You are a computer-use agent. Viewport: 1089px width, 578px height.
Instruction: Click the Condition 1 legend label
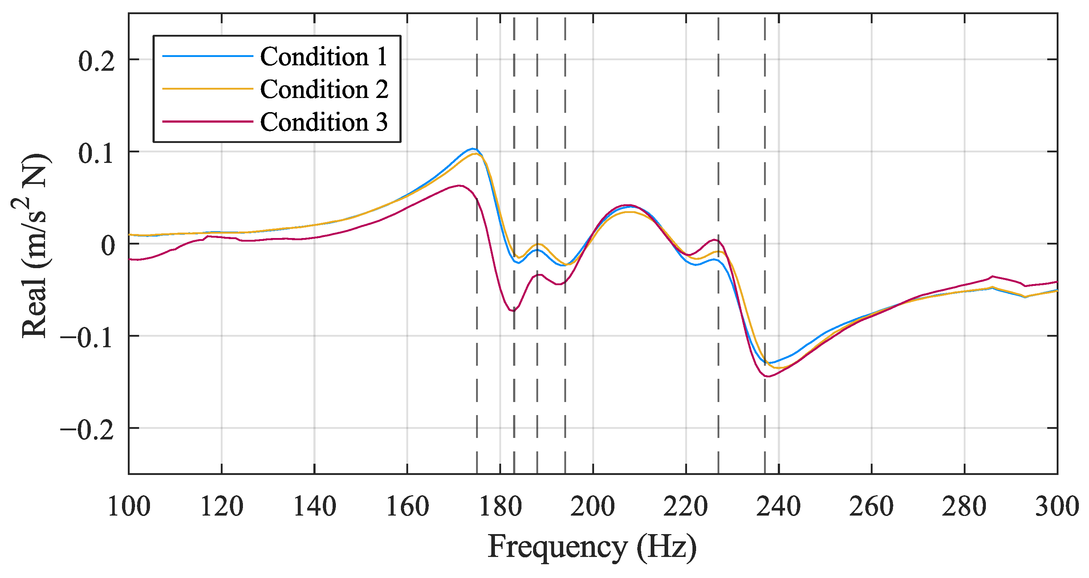pos(324,57)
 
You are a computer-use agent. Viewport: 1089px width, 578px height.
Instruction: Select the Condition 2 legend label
pos(324,89)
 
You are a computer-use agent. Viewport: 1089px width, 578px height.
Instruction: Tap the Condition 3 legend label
pos(324,122)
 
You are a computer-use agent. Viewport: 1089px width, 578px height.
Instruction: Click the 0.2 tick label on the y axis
pos(96,61)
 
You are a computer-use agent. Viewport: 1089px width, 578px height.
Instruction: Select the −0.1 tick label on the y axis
pos(87,338)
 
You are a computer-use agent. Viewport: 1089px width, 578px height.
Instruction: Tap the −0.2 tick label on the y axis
pos(87,430)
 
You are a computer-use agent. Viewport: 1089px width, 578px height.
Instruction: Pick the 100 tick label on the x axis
pos(129,507)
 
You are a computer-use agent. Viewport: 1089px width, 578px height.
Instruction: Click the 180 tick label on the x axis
pos(500,507)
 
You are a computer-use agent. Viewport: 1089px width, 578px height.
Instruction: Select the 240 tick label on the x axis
pos(778,507)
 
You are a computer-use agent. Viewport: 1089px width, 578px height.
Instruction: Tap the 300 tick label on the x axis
pos(1056,507)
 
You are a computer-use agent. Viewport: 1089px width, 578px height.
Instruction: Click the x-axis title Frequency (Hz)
pos(592,547)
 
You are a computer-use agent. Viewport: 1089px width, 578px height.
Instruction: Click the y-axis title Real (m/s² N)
pos(34,245)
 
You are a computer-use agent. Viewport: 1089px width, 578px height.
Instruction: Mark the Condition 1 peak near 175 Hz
pos(473,149)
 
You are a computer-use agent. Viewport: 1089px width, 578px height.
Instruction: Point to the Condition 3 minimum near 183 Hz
pos(513,311)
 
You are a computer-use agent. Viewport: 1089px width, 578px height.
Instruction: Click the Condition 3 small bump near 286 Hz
pos(992,276)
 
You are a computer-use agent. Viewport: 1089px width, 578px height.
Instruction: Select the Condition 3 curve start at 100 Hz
pos(130,259)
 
